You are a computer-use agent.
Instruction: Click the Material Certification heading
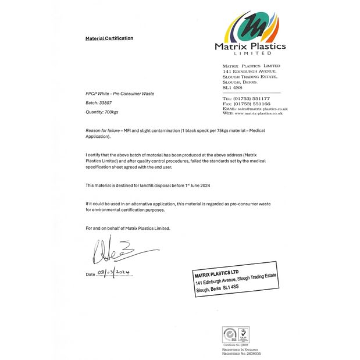tap(109, 38)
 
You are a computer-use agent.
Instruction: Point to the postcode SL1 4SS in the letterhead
tap(231, 87)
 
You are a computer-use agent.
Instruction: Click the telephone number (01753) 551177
tap(253, 99)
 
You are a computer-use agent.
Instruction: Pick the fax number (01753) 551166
tap(253, 104)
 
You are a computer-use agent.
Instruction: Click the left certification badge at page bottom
tap(230, 334)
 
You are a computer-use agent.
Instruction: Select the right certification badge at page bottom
tap(244, 334)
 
